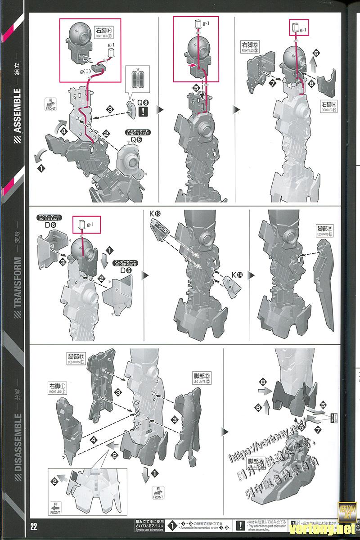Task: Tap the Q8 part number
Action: (142, 102)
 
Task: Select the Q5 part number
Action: (134, 139)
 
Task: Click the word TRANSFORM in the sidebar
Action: (18, 282)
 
